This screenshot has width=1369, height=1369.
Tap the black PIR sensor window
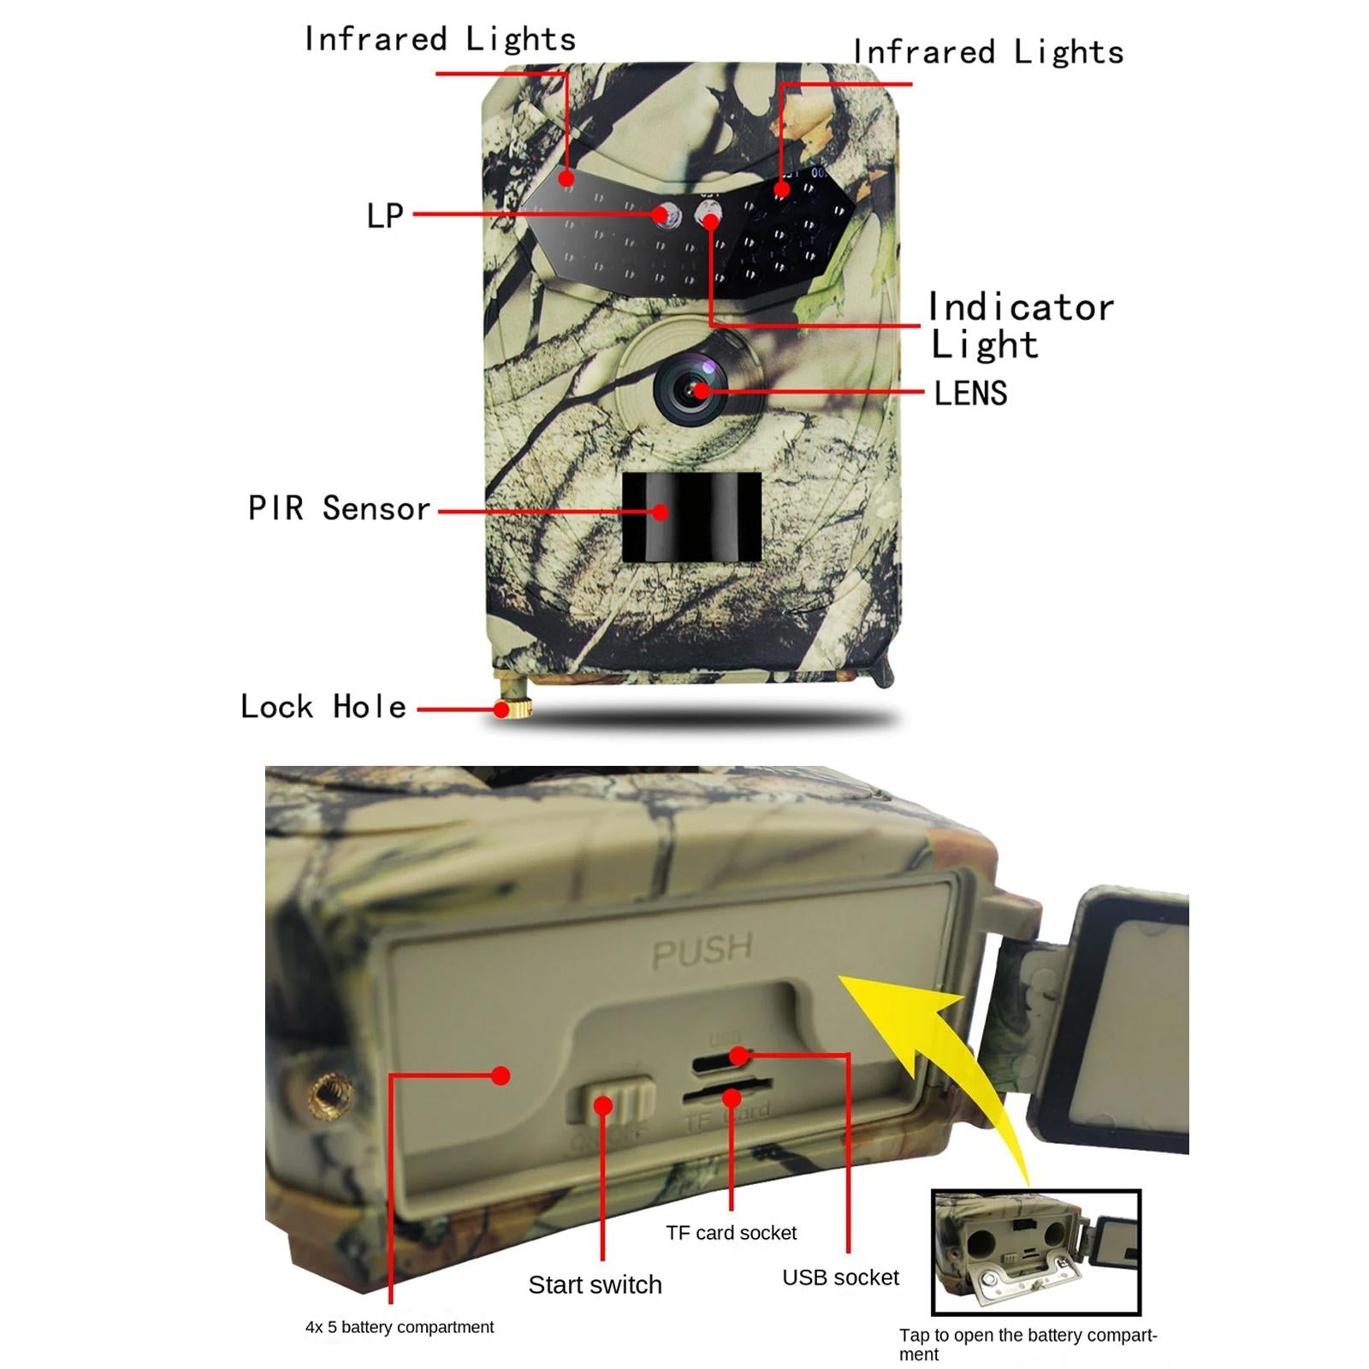click(691, 517)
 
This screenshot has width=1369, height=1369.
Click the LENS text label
click(970, 394)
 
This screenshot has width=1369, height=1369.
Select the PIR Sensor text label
click(339, 508)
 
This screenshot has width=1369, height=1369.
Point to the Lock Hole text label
click(323, 707)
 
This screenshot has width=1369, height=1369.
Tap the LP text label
click(384, 216)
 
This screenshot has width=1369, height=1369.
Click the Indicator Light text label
click(1020, 326)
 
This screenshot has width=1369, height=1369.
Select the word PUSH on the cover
click(702, 951)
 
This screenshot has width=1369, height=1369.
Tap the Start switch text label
click(595, 1284)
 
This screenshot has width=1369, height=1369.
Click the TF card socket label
click(731, 1233)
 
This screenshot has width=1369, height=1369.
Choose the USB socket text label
click(840, 1277)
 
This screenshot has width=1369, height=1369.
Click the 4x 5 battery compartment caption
click(400, 1327)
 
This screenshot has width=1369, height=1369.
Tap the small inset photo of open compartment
click(1035, 1251)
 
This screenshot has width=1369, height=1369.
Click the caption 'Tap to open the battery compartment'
click(1027, 1344)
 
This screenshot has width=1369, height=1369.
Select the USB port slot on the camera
click(723, 1060)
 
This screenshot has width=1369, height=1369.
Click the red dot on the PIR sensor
click(661, 512)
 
